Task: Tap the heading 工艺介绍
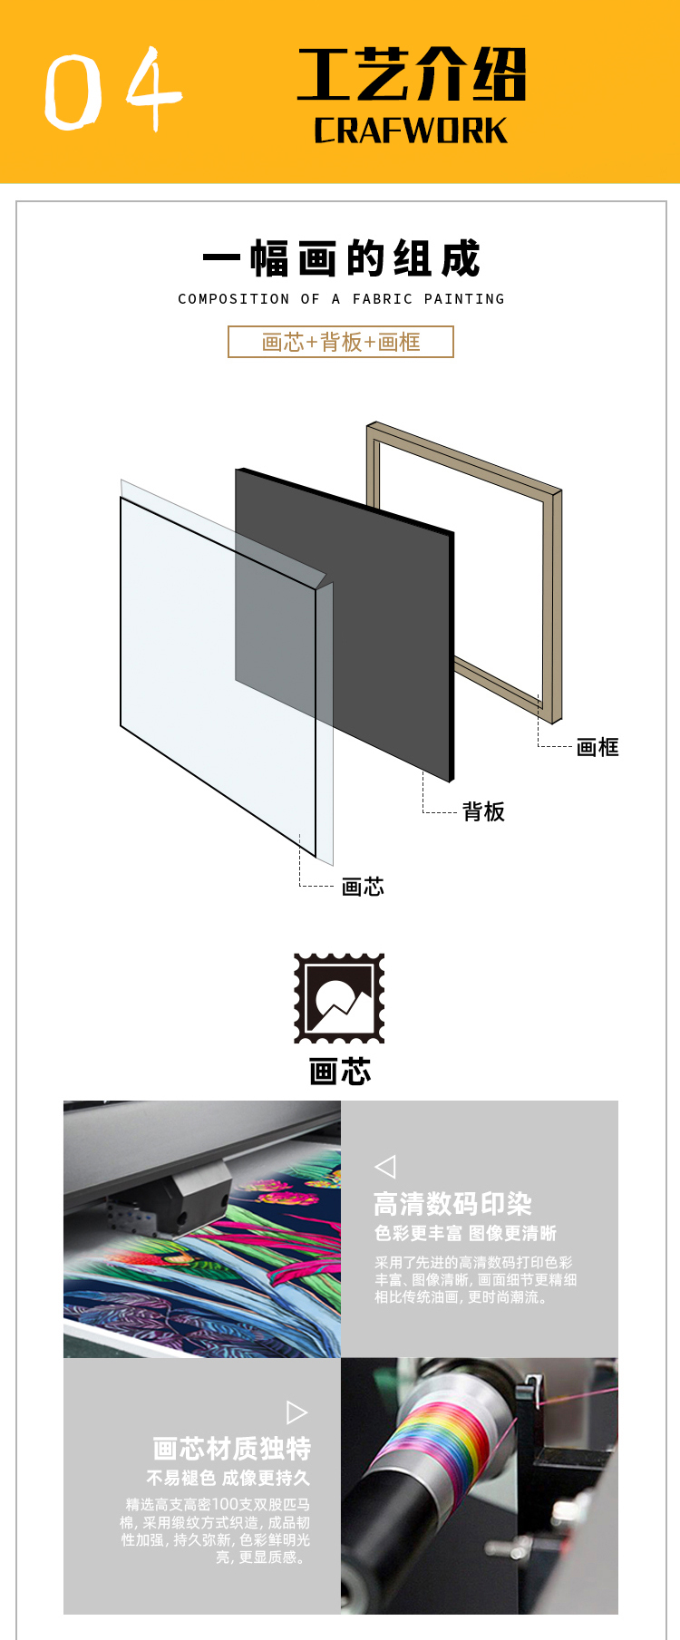[412, 74]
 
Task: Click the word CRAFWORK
[411, 131]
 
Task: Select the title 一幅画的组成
[341, 259]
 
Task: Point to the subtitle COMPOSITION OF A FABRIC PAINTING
[341, 299]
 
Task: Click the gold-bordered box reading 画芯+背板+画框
[341, 342]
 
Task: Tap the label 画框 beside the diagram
[597, 747]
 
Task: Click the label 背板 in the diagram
[483, 811]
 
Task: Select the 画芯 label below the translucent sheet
[363, 887]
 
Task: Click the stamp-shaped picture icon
[339, 998]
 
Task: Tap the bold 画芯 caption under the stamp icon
[340, 1072]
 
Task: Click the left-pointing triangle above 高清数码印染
[385, 1167]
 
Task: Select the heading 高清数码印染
[452, 1204]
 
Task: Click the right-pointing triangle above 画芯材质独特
[296, 1412]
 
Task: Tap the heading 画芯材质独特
[232, 1449]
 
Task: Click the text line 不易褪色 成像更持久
[228, 1479]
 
